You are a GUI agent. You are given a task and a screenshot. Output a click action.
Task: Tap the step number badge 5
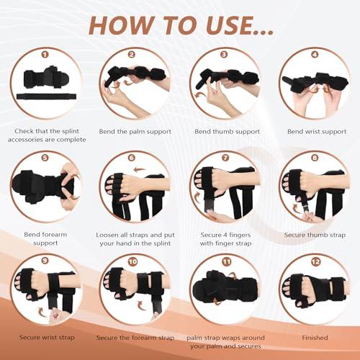(x=45, y=156)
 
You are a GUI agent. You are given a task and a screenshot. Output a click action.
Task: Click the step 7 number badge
(x=225, y=156)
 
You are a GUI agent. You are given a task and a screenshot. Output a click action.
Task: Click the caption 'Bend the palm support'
(x=134, y=132)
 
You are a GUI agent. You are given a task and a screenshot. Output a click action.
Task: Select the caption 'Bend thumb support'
(x=225, y=132)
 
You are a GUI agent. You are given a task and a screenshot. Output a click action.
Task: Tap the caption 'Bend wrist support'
(x=315, y=132)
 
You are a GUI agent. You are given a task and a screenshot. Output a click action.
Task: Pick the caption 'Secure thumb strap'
(x=315, y=234)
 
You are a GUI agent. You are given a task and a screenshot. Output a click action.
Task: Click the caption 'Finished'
(x=315, y=337)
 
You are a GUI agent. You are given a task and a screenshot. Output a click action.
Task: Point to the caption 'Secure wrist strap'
(x=45, y=337)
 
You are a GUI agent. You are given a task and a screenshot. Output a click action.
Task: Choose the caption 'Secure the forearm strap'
(x=134, y=337)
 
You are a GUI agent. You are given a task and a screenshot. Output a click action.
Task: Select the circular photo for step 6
(x=134, y=189)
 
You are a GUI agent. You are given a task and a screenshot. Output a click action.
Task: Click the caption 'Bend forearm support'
(x=45, y=239)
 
